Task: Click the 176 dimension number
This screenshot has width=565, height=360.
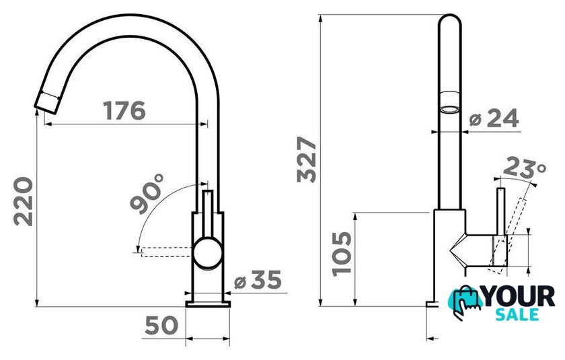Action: coord(124,110)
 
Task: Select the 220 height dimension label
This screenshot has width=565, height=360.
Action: coord(24,201)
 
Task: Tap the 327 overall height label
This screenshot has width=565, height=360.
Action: coord(307,159)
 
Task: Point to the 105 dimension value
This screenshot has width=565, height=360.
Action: coord(342,254)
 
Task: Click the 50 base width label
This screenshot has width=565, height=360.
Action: coord(161,325)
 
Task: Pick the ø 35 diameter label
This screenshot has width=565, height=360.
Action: coord(258,280)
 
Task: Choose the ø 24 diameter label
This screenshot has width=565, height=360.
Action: coord(494,118)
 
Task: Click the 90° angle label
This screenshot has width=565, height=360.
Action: coord(147,194)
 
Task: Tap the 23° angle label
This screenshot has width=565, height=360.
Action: coord(524,168)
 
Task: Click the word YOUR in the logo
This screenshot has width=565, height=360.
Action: coord(519,296)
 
